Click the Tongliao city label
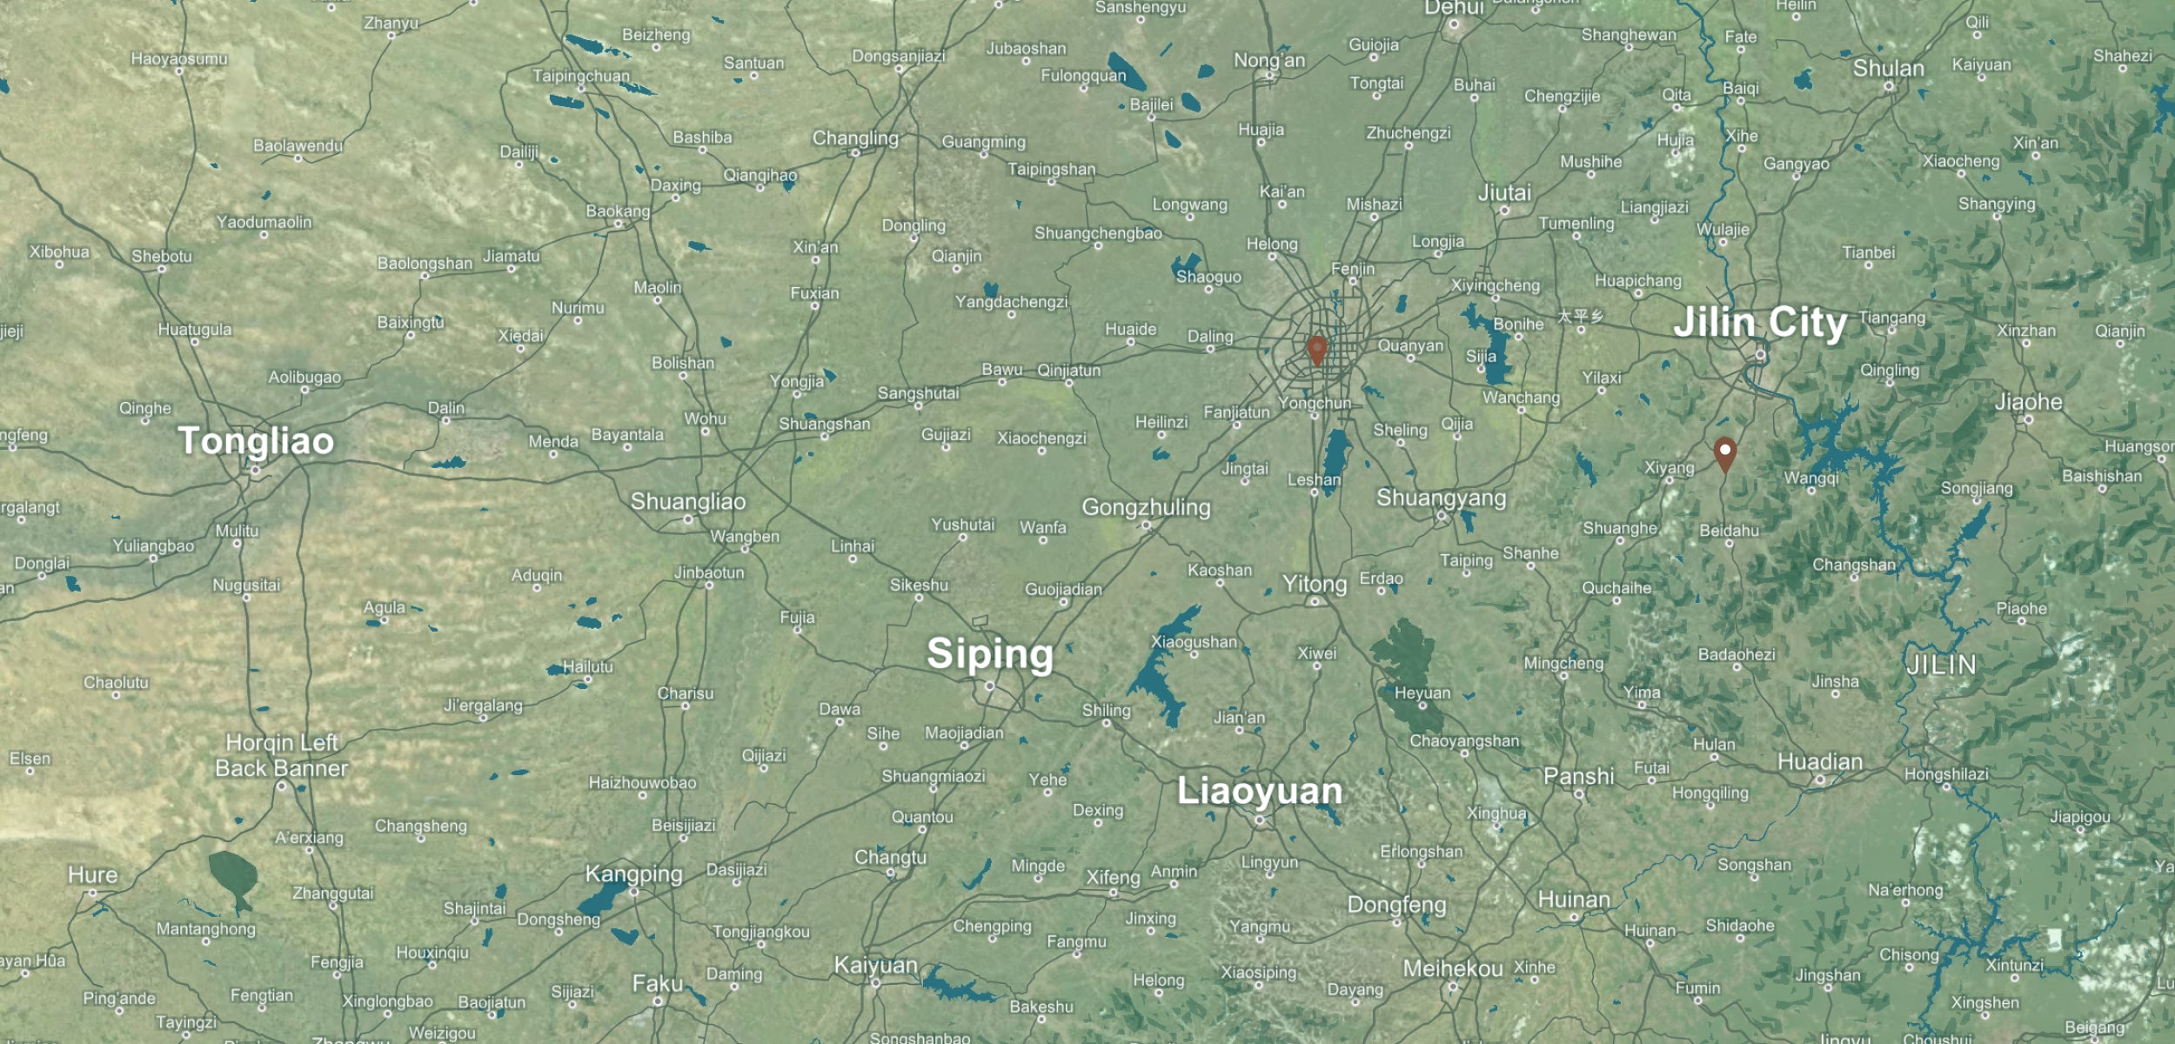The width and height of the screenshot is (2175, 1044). (256, 441)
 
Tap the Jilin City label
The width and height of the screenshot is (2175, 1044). (1759, 323)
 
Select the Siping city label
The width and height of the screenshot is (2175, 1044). (989, 653)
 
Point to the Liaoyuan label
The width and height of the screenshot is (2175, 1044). (1260, 791)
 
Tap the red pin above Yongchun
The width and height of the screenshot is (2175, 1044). (1317, 350)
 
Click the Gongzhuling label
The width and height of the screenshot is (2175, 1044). (1146, 507)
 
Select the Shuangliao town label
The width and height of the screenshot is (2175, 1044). (688, 502)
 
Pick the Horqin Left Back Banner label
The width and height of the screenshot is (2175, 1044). (281, 755)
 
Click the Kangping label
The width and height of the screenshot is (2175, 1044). (633, 873)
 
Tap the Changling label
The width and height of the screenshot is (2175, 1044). (855, 138)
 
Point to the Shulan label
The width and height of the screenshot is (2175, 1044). (1888, 69)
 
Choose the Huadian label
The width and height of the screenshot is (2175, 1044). (1820, 762)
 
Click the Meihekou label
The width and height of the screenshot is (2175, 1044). (1452, 968)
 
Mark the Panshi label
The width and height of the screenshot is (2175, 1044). (1578, 776)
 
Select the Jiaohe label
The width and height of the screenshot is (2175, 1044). (2028, 402)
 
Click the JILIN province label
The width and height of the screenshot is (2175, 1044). (1941, 666)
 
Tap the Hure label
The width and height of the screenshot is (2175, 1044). (92, 874)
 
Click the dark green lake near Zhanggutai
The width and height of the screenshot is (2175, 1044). (233, 875)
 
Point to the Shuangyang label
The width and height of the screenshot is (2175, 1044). (1441, 498)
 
